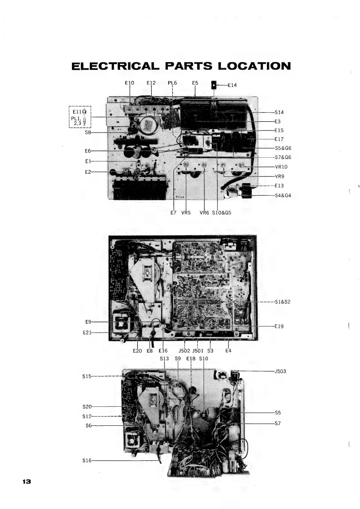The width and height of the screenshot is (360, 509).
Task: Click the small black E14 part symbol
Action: click(214, 85)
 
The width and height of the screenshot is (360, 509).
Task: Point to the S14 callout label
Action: click(279, 112)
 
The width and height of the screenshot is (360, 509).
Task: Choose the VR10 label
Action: click(281, 167)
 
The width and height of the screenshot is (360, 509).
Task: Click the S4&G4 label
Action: click(283, 195)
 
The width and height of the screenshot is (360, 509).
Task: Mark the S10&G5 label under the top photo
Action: click(222, 213)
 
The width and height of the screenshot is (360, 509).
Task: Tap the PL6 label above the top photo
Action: click(172, 83)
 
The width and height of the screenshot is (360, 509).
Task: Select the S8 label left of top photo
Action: click(88, 132)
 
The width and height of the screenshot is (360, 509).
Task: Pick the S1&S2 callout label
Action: click(282, 302)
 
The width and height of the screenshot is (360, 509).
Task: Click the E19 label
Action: click(279, 326)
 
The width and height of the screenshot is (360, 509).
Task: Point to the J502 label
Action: click(184, 351)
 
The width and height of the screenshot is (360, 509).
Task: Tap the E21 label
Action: click(87, 333)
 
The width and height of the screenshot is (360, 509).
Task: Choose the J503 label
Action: click(280, 371)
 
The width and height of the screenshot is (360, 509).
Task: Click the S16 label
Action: click(87, 461)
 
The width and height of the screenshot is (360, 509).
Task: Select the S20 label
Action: click(87, 406)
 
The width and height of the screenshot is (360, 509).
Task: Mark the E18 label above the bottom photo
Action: click(191, 359)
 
